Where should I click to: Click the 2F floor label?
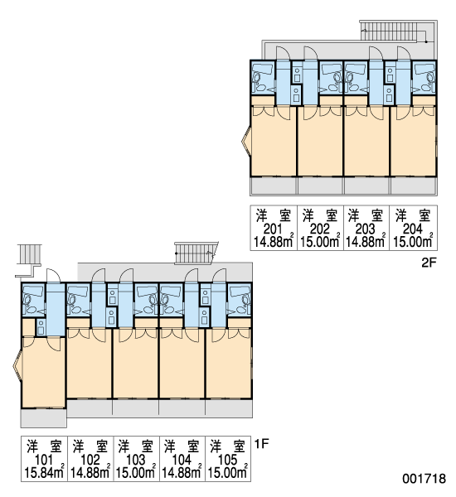pyautogui.click(x=429, y=263)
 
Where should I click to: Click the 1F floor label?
pyautogui.click(x=262, y=444)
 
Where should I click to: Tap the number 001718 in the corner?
pyautogui.click(x=424, y=479)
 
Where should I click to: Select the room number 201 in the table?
pyautogui.click(x=273, y=229)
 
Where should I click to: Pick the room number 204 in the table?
pyautogui.click(x=413, y=229)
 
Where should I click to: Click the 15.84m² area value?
pyautogui.click(x=45, y=472)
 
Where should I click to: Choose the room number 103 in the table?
pyautogui.click(x=136, y=460)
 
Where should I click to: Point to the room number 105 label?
pyautogui.click(x=228, y=460)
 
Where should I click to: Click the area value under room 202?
pyautogui.click(x=320, y=242)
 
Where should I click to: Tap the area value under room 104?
pyautogui.click(x=182, y=472)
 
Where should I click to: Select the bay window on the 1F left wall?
pyautogui.click(x=17, y=364)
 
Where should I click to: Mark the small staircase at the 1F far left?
pyautogui.click(x=29, y=254)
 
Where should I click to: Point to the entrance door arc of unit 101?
pyautogui.click(x=53, y=275)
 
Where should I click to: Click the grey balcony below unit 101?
pyautogui.click(x=44, y=418)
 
